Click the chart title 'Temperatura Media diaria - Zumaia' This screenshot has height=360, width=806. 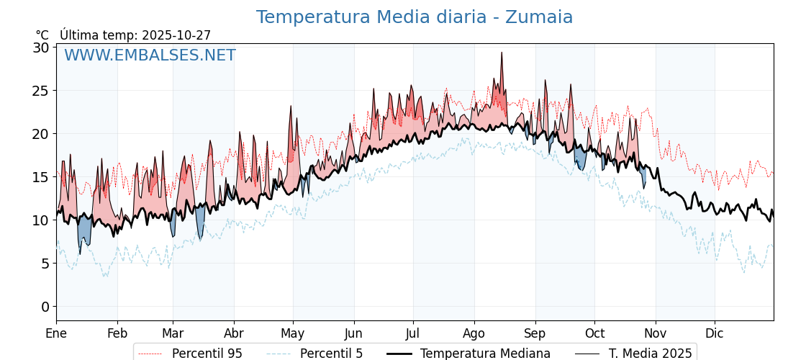(414, 17)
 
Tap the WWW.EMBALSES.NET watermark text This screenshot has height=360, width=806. (150, 55)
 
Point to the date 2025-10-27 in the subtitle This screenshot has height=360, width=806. (176, 35)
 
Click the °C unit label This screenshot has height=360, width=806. (42, 35)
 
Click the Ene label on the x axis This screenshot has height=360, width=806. (56, 333)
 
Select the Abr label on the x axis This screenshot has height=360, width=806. (234, 333)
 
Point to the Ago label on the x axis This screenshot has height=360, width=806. (474, 333)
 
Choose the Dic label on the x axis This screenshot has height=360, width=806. (715, 333)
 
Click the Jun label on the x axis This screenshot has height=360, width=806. (353, 333)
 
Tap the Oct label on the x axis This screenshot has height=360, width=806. (594, 333)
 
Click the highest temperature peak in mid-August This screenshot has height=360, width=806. (502, 53)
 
